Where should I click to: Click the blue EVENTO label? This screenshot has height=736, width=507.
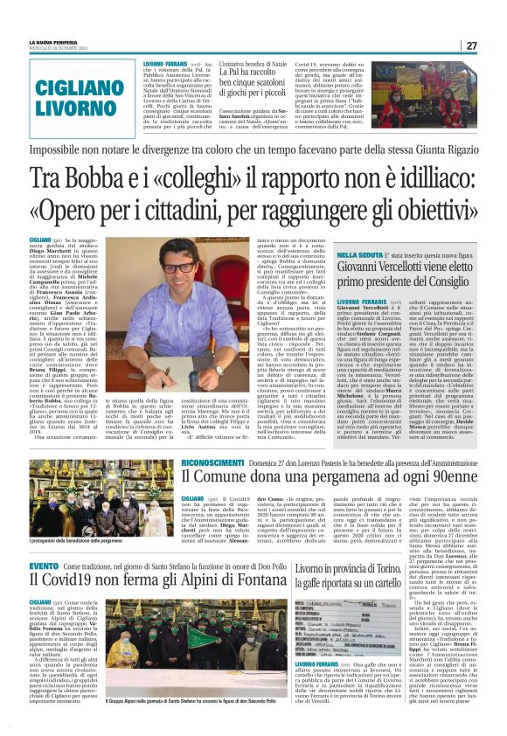tap(45, 566)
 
